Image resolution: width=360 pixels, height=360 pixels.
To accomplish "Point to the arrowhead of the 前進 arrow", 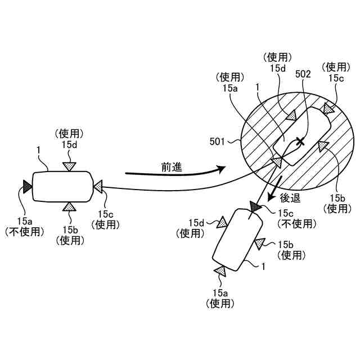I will tap(220, 168).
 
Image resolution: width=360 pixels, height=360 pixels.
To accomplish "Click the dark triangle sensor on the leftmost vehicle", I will tap(27, 184).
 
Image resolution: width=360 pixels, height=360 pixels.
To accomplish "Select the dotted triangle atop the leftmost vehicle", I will tap(69, 165).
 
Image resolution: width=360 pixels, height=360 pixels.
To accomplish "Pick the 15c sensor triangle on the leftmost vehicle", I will tap(98, 185).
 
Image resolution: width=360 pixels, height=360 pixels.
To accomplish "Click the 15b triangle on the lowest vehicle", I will tap(259, 244).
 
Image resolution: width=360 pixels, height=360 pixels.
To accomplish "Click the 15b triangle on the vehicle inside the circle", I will tap(323, 146).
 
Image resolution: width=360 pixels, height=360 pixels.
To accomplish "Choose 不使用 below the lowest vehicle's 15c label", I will tap(297, 224).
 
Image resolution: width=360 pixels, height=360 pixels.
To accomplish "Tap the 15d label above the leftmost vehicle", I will tap(69, 144).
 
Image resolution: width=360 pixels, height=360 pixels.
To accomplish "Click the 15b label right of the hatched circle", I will tap(339, 197).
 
